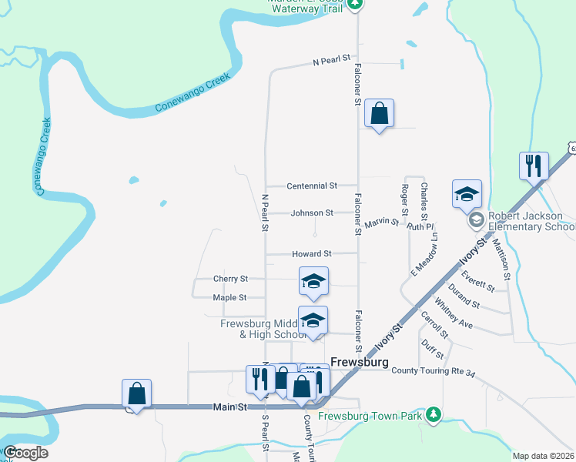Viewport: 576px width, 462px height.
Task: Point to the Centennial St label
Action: (x=312, y=186)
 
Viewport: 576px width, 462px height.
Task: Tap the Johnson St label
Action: (x=312, y=213)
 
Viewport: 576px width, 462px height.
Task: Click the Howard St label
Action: (x=311, y=253)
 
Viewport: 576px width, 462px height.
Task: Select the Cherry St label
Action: (x=230, y=279)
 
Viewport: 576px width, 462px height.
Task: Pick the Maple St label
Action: (x=229, y=297)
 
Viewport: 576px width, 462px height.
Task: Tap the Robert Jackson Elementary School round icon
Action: (x=476, y=220)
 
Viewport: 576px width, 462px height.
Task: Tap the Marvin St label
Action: (x=382, y=223)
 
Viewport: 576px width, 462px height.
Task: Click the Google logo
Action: (x=25, y=453)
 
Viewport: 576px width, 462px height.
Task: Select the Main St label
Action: (x=229, y=407)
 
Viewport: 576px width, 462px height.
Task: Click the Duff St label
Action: (x=434, y=350)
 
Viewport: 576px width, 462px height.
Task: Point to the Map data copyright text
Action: (x=543, y=456)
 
